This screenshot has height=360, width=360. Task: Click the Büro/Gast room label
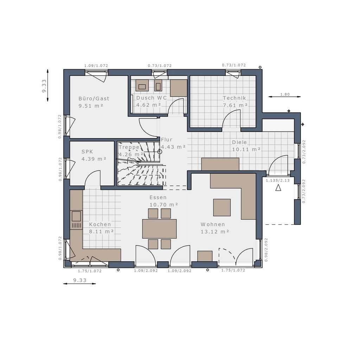(94, 98)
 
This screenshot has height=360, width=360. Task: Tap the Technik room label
(234, 98)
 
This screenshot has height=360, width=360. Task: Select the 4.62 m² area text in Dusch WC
(149, 105)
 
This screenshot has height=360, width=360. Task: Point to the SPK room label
(87, 152)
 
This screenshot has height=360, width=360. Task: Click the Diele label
(239, 142)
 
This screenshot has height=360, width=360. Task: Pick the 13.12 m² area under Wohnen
(215, 232)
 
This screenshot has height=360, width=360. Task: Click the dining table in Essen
(159, 229)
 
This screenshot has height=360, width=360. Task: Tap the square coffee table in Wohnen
(222, 207)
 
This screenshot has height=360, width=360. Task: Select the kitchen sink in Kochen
(76, 216)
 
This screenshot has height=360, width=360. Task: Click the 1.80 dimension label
(285, 94)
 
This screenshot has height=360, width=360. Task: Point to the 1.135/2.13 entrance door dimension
(278, 180)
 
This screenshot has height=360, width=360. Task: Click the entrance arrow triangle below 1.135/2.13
(278, 188)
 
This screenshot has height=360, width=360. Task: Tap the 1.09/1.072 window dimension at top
(96, 66)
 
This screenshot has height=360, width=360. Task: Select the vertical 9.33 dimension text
(44, 86)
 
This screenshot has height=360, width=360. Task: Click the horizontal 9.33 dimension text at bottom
(80, 280)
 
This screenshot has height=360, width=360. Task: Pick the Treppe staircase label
(129, 147)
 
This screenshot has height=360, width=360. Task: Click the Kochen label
(100, 224)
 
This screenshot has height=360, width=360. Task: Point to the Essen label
(158, 197)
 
